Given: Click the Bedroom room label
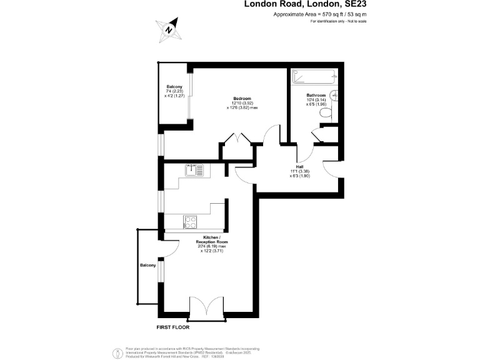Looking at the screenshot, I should coord(242,99).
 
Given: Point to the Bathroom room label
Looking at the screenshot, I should coord(316,95).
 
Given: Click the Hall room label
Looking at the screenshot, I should coord(291,166).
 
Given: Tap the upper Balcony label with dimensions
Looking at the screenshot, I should coord(174,86).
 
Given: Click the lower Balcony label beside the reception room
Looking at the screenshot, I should coord(147,266).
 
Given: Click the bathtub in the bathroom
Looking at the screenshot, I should coord(314,78).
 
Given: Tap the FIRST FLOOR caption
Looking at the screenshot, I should coord(173,327).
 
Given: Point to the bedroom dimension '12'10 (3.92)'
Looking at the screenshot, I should coord(242,103).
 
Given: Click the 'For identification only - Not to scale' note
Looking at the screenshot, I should coord(338,22).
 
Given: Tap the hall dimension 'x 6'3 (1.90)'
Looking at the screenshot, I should coord(291,176).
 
